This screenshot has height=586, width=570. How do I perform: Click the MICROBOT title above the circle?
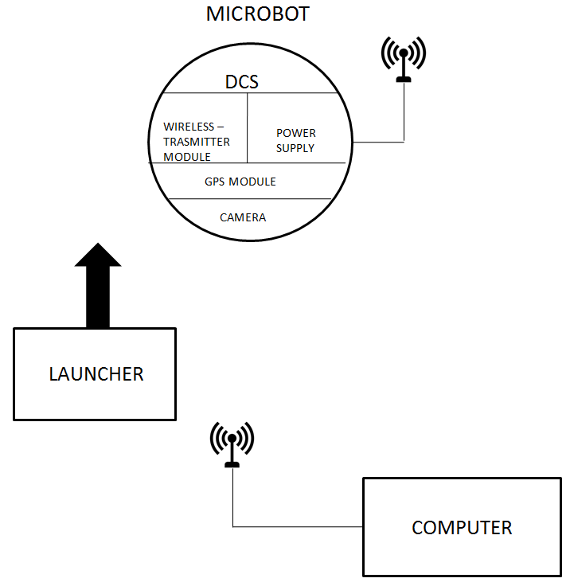(257, 14)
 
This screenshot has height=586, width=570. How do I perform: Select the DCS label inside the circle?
(242, 81)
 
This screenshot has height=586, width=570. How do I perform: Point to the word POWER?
(295, 133)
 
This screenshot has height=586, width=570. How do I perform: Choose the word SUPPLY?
(295, 148)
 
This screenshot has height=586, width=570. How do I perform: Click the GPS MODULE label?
(240, 182)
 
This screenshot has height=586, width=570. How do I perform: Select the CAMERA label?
(243, 217)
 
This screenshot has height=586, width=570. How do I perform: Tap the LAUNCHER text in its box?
(96, 374)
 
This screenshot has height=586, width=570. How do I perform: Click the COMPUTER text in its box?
(462, 528)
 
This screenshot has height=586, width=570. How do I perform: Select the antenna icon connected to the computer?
(232, 443)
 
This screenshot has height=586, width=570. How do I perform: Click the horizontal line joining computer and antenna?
(299, 526)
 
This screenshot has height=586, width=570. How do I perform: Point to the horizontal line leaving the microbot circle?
(378, 143)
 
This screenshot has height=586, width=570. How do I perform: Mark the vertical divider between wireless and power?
(247, 127)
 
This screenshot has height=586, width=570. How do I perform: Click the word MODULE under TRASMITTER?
(187, 157)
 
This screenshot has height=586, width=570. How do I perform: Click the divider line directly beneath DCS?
(247, 93)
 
